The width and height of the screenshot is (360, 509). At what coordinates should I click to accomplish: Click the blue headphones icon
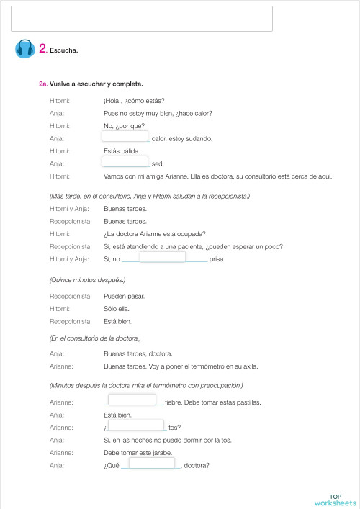coord(24,49)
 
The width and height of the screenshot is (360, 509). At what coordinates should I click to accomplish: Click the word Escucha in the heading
coord(63,50)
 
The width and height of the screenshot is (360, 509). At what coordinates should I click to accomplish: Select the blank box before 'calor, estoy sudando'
coord(125,136)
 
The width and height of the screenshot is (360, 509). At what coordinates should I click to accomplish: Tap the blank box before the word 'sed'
coord(125,162)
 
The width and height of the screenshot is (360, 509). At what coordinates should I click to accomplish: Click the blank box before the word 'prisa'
coord(162,257)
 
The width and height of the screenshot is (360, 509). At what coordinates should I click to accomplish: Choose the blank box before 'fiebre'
coord(132,400)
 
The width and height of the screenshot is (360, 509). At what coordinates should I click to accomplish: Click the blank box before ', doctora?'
coord(152,464)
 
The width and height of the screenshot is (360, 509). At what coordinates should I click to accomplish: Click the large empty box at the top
coord(143,19)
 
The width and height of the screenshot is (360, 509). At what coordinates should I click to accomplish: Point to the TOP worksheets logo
coord(335,500)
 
